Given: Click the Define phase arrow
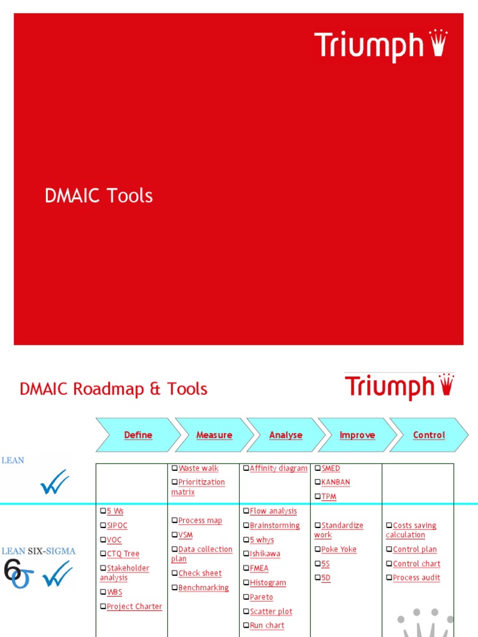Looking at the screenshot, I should (138, 435).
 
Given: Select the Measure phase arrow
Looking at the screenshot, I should (214, 435).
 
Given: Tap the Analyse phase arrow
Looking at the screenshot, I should (286, 435).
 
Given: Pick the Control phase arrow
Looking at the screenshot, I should (429, 435).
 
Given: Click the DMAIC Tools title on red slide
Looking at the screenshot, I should (99, 196).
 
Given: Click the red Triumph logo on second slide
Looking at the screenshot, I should (399, 386).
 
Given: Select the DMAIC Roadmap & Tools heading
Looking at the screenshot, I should (114, 389).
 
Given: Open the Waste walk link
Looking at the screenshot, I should (198, 468).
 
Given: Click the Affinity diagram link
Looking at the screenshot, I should (278, 468).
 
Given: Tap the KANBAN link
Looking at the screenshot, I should (335, 482).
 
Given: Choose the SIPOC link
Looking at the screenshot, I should (117, 526).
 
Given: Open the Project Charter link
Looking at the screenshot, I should (134, 607).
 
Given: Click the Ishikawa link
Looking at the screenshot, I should (265, 554).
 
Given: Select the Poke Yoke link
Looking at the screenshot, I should (339, 549).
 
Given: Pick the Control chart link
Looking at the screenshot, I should (416, 564).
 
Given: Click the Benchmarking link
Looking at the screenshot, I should (204, 588).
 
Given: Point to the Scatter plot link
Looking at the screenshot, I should (271, 611).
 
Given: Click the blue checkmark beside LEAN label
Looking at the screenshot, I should (54, 482).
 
